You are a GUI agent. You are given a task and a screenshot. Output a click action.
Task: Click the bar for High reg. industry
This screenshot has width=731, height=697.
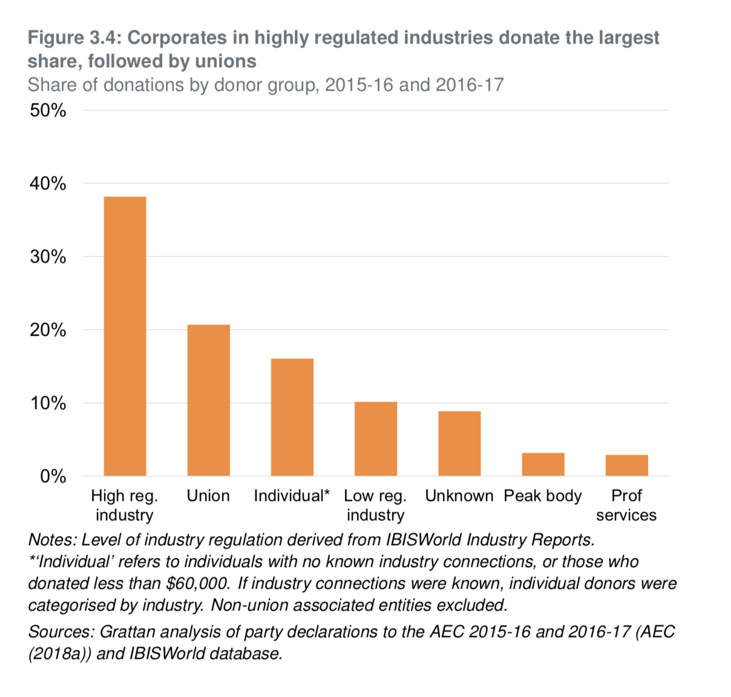125,336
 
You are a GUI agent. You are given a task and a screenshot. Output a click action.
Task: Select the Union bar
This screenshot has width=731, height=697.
208,400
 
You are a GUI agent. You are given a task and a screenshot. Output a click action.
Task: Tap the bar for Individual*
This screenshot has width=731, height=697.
292,417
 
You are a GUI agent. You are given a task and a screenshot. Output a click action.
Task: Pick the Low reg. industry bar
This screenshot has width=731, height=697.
376,439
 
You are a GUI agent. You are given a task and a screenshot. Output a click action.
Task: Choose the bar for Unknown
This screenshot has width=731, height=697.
459,443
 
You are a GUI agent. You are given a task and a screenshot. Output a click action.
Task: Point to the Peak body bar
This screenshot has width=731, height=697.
543,464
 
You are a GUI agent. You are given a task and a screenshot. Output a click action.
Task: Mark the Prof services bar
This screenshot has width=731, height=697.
626,465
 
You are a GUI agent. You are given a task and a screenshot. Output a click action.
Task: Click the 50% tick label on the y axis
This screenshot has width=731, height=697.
48,111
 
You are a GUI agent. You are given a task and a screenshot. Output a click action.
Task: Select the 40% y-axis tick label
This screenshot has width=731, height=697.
48,184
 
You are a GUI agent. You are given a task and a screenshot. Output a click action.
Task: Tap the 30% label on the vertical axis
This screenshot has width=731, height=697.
48,257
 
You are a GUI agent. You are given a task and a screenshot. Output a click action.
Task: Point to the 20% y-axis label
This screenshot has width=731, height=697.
48,330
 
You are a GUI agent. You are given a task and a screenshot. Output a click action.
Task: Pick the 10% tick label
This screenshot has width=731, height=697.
48,404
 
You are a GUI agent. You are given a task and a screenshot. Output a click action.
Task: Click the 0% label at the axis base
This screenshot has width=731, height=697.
53,477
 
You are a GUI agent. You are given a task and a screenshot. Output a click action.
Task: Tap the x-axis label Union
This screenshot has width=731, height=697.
208,496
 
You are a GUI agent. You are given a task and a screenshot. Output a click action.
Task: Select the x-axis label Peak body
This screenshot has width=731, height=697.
543,496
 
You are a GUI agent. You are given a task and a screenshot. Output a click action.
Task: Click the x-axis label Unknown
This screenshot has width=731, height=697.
459,496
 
